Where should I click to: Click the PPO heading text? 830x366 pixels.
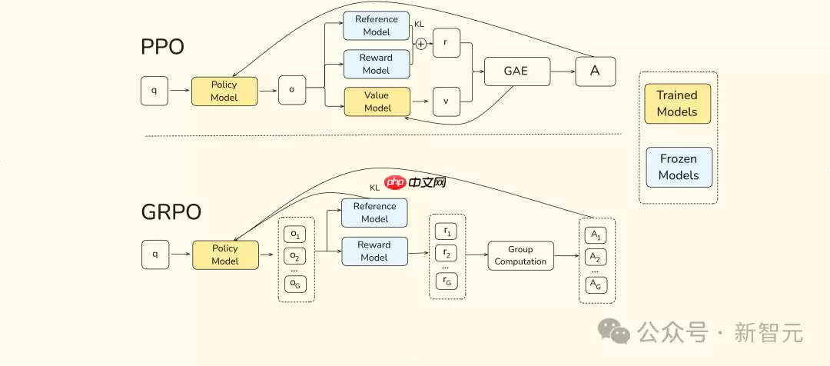[162, 47]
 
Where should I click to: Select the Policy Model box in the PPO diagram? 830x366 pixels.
[224, 91]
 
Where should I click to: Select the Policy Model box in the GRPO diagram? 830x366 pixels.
[224, 255]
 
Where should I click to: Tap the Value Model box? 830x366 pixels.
[377, 101]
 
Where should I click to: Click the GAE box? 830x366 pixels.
[517, 71]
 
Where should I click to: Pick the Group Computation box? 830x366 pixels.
[520, 255]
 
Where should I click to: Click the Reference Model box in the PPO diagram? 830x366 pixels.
[376, 25]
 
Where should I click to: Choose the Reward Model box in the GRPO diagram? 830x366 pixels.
[374, 251]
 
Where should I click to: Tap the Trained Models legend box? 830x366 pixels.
[677, 103]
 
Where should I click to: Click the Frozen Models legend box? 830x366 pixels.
[679, 167]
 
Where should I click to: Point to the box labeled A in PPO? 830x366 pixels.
[594, 71]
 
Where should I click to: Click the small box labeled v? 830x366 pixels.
[447, 101]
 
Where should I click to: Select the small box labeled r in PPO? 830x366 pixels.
[447, 44]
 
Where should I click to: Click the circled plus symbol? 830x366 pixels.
[420, 44]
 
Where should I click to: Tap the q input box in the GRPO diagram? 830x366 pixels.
[154, 255]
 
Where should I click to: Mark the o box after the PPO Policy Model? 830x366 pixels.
[291, 90]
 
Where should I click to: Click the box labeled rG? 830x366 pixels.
[447, 281]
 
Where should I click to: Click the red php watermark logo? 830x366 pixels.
[395, 182]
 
